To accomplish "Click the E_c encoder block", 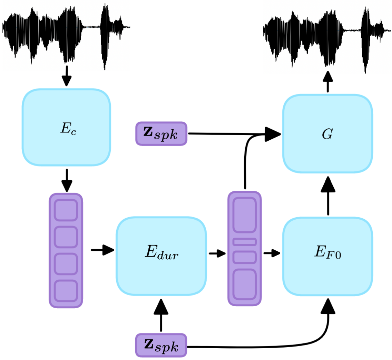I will (66, 128).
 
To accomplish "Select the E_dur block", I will (161, 256).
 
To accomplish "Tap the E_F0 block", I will (327, 256).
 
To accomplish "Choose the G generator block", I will (327, 134).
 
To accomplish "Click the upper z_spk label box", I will (161, 133).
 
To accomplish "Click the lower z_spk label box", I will (161, 345).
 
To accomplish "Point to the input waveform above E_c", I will (66, 34).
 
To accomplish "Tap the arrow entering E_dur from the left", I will (102, 250).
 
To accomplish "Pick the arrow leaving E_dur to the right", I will (217, 253).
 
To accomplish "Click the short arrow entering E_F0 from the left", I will (272, 253).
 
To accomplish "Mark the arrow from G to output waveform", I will (327, 82).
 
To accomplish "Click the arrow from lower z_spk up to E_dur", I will (161, 316).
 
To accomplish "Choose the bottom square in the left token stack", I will (66, 291).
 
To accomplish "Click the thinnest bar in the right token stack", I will (244, 242).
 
